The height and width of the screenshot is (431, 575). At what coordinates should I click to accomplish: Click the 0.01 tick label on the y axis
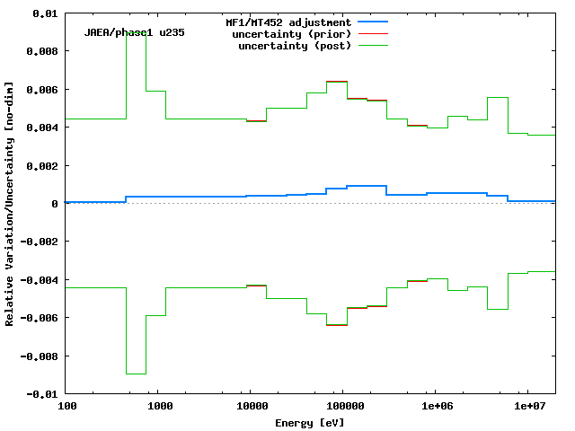tap(46, 14)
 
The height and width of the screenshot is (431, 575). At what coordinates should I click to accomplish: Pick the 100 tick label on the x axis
tap(67, 407)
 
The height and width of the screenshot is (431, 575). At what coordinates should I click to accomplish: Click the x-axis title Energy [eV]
tap(311, 421)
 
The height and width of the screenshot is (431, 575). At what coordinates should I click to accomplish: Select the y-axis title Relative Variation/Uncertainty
tap(10, 204)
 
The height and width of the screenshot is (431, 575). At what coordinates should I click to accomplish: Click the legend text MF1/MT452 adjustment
tap(287, 22)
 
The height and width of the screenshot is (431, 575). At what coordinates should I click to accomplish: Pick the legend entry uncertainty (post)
tap(295, 46)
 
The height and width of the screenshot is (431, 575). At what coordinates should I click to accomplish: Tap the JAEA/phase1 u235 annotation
tap(135, 32)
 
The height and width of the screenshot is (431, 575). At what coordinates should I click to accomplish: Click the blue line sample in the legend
tap(373, 21)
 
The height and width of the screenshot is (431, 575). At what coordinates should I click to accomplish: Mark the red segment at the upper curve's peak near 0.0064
tap(337, 82)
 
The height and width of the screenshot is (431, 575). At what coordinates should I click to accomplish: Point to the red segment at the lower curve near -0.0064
tap(337, 325)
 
